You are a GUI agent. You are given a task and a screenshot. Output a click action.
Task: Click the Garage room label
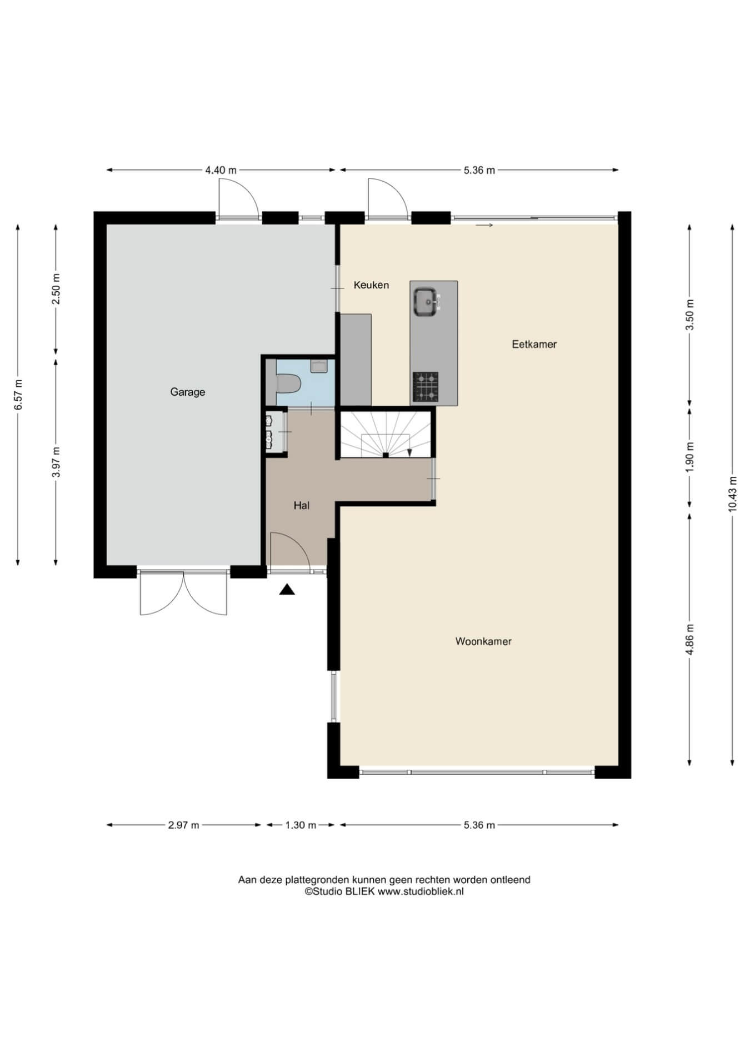[187, 392]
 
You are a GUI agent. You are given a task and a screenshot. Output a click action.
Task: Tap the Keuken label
[371, 285]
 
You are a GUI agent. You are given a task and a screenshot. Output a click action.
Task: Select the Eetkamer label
[534, 344]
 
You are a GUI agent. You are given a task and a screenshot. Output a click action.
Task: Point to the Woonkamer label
[483, 641]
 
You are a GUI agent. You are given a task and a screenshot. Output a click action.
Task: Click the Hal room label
[302, 506]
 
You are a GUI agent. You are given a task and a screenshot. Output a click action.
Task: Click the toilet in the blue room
[288, 383]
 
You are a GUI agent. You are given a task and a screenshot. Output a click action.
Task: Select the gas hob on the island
[426, 387]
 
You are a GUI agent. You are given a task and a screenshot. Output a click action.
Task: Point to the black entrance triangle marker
[287, 590]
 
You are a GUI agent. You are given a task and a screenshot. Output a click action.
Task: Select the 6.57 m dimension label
[18, 395]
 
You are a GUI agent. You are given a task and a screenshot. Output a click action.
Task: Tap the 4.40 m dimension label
[221, 170]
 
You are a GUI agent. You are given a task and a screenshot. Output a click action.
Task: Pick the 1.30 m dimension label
[301, 825]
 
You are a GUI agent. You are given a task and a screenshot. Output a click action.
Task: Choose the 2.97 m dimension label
[183, 825]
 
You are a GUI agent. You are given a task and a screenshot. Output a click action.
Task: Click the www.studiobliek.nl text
[421, 891]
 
